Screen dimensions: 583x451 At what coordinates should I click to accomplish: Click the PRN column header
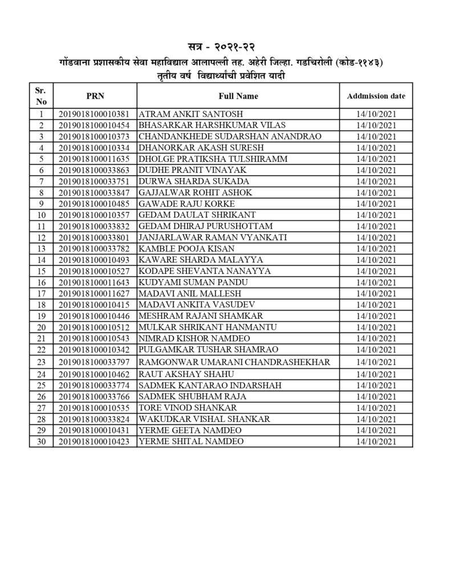coord(95,96)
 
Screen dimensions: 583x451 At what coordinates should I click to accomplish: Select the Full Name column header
coord(238,96)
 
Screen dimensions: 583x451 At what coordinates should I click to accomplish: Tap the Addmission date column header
coord(376,96)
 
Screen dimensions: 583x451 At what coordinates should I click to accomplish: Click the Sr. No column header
coord(41,96)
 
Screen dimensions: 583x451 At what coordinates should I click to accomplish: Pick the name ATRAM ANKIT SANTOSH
coord(184,114)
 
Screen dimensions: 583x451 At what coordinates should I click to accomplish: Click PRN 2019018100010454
coord(95,125)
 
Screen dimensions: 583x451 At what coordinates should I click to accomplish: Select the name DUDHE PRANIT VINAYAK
coord(184,170)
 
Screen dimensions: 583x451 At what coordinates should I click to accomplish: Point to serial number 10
coord(41,215)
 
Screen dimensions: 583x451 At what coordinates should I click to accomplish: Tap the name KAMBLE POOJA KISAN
coord(178,249)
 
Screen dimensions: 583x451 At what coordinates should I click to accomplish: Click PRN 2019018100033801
coord(95,237)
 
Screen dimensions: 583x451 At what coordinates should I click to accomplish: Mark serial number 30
coord(41,441)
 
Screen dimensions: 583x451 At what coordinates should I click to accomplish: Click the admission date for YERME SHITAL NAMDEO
coord(376,441)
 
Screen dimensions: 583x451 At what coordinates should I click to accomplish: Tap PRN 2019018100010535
coord(95,408)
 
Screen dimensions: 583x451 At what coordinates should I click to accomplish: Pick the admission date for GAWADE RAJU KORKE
coord(376,204)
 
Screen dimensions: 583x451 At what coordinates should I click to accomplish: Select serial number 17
coord(41,294)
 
